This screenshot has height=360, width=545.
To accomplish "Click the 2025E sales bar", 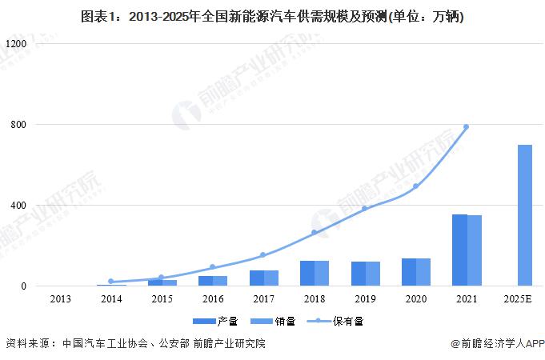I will [525, 215].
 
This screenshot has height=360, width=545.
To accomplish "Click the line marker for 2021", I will [467, 127].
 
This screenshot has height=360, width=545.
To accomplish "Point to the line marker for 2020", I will [416, 186].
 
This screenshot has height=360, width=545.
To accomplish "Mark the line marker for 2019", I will [365, 209].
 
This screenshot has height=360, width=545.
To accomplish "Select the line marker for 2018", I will [315, 233].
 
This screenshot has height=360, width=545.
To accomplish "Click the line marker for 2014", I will [110, 282].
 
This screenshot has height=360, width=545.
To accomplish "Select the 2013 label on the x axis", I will [60, 299].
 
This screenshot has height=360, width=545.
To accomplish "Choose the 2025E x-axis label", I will [518, 299].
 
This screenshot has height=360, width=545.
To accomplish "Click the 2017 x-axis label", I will [263, 299].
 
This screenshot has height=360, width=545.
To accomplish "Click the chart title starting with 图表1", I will [273, 16].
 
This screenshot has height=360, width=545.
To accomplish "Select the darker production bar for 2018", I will [307, 273].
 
